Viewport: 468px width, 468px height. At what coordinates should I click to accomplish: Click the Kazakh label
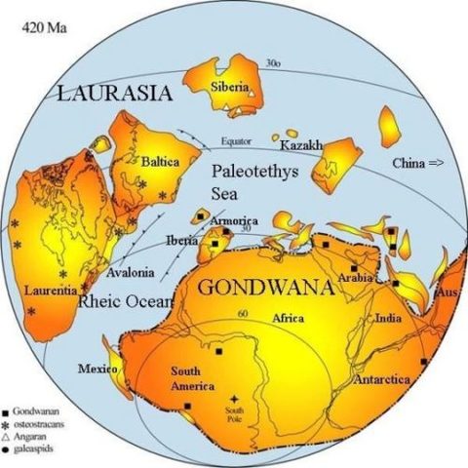tap(301, 145)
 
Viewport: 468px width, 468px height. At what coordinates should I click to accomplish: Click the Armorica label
tap(234, 221)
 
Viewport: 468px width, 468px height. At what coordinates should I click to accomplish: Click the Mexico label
tap(98, 369)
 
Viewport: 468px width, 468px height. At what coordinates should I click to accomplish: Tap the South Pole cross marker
tap(234, 399)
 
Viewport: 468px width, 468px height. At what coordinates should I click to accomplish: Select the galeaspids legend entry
tap(35, 453)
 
